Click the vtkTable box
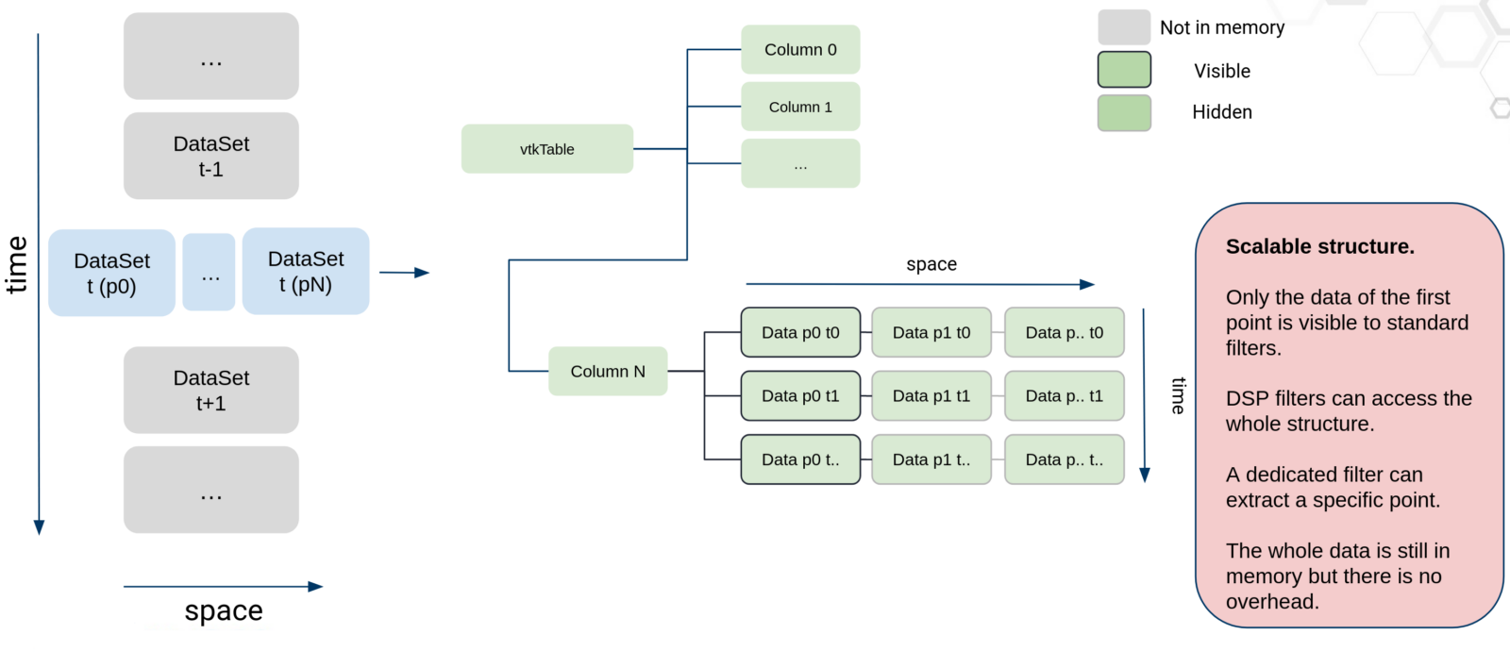click(546, 149)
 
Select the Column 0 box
click(800, 50)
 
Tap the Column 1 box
click(800, 107)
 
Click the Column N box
click(608, 371)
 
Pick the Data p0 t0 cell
click(800, 332)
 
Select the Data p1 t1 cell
click(931, 396)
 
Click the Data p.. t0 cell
click(1064, 332)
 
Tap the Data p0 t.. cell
click(800, 459)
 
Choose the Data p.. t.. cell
click(1064, 459)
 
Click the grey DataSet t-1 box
click(211, 156)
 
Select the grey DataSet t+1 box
click(211, 390)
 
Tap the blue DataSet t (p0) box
click(111, 273)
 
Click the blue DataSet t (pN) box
click(306, 271)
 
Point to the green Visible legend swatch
click(1124, 70)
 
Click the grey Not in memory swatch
click(1124, 27)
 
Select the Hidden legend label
click(1222, 112)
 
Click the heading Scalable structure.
click(1319, 246)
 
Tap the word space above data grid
click(931, 264)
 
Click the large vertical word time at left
click(17, 265)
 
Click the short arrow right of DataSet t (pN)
click(404, 273)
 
